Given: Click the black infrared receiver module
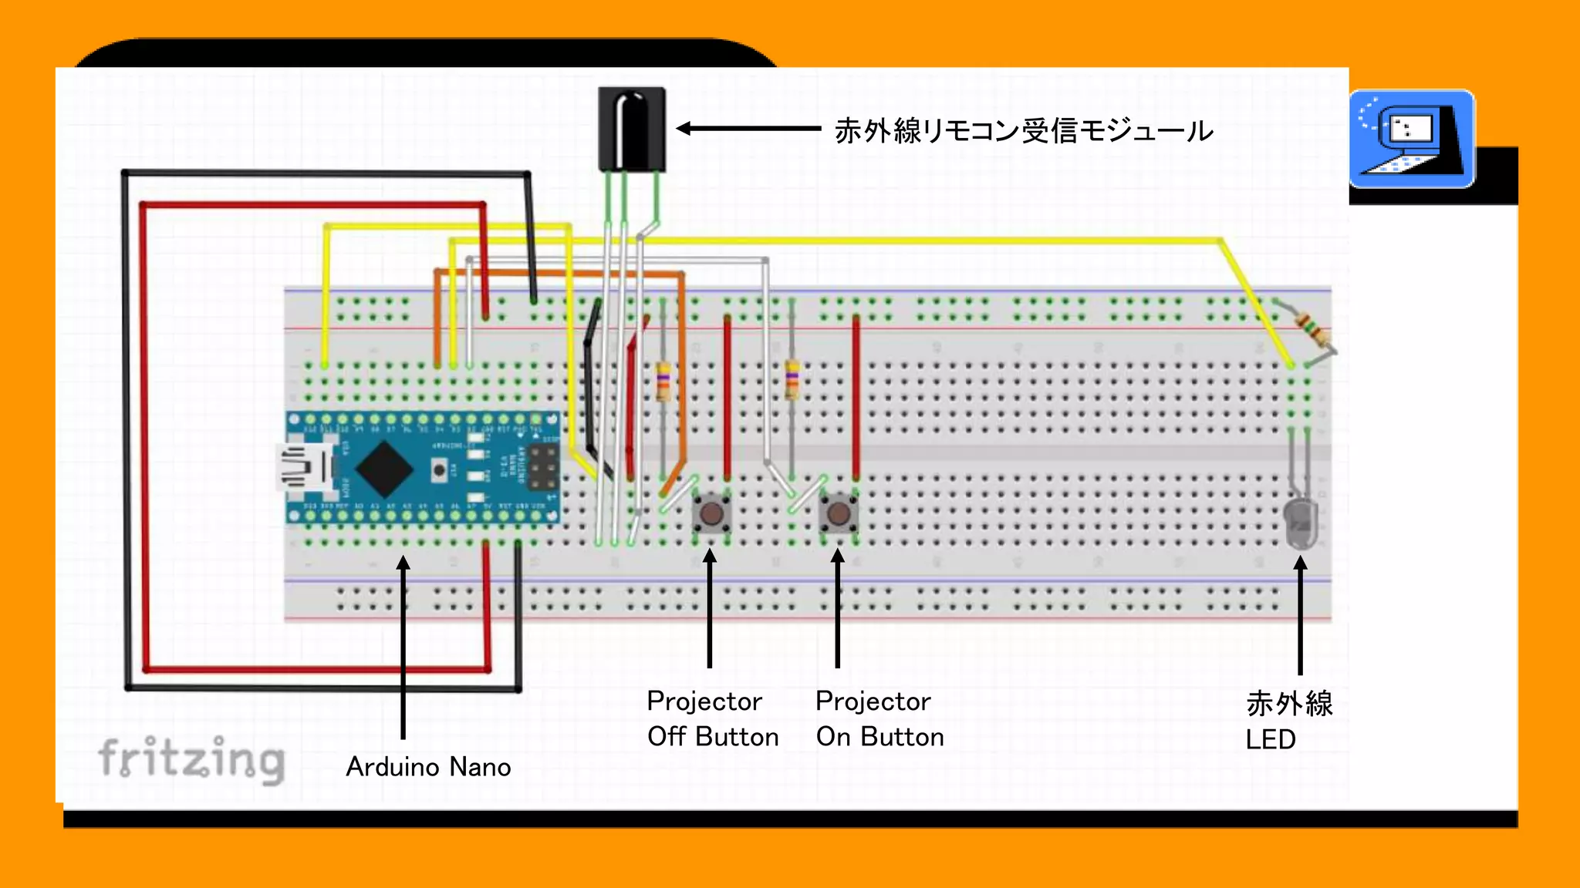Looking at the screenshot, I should click(631, 129).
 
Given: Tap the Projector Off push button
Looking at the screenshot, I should click(711, 513).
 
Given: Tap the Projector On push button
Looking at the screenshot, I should click(839, 513).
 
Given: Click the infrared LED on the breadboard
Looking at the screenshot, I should click(1300, 523).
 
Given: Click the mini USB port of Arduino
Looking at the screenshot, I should click(303, 467).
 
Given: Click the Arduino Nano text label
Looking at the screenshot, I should click(428, 767).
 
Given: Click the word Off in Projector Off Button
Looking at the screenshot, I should click(667, 737).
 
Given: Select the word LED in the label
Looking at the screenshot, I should click(1270, 740).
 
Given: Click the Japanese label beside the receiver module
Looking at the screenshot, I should click(1024, 131).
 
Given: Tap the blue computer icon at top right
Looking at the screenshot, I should click(1411, 140).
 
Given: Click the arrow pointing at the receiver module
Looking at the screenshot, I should click(748, 129).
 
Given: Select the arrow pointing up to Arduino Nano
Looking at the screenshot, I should click(403, 647).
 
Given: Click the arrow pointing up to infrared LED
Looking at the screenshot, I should click(1300, 617).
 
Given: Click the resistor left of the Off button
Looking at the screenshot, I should click(663, 382).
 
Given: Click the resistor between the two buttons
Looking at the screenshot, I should click(792, 379).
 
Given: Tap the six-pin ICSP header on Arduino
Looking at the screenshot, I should click(543, 467).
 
